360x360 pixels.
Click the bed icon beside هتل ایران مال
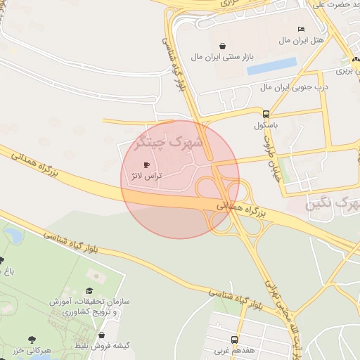(x=302, y=29)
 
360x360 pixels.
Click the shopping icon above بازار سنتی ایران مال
(x=224, y=46)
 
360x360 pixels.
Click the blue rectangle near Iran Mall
(x=271, y=67)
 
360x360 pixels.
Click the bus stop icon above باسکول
(x=266, y=114)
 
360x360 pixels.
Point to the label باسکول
(x=266, y=125)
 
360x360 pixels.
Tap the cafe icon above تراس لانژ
(x=146, y=165)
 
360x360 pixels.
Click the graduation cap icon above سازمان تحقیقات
(x=89, y=290)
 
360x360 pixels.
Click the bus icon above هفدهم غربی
(x=234, y=338)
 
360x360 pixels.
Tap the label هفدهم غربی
(x=235, y=349)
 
